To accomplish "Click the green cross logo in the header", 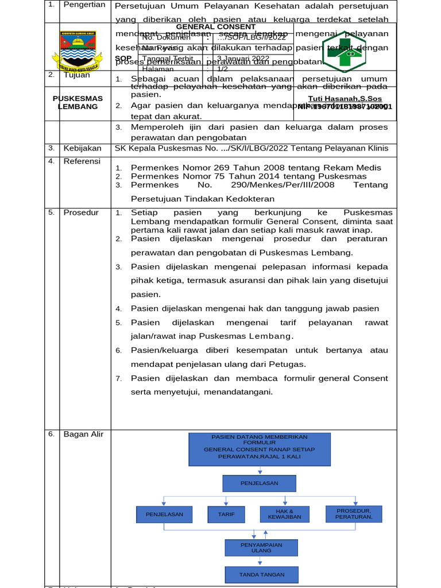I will coord(344,51).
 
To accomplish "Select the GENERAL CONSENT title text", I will coord(215,27).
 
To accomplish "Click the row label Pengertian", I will coord(84,5).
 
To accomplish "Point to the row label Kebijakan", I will coord(82,148).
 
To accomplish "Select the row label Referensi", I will coord(82,161).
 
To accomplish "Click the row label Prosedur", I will coord(81,212).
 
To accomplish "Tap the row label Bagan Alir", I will coord(83,434).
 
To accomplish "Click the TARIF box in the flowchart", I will coord(226,514).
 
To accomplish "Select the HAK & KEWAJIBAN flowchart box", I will coord(284,514).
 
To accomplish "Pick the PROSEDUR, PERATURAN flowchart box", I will coord(354,514).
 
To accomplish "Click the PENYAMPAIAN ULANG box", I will coord(261,547).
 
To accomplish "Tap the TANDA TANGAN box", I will coord(261,574).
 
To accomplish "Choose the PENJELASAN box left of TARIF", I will coord(164,514).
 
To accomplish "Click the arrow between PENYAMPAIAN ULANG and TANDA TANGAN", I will coord(261,562).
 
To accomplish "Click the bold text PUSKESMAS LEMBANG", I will coord(78,102).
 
